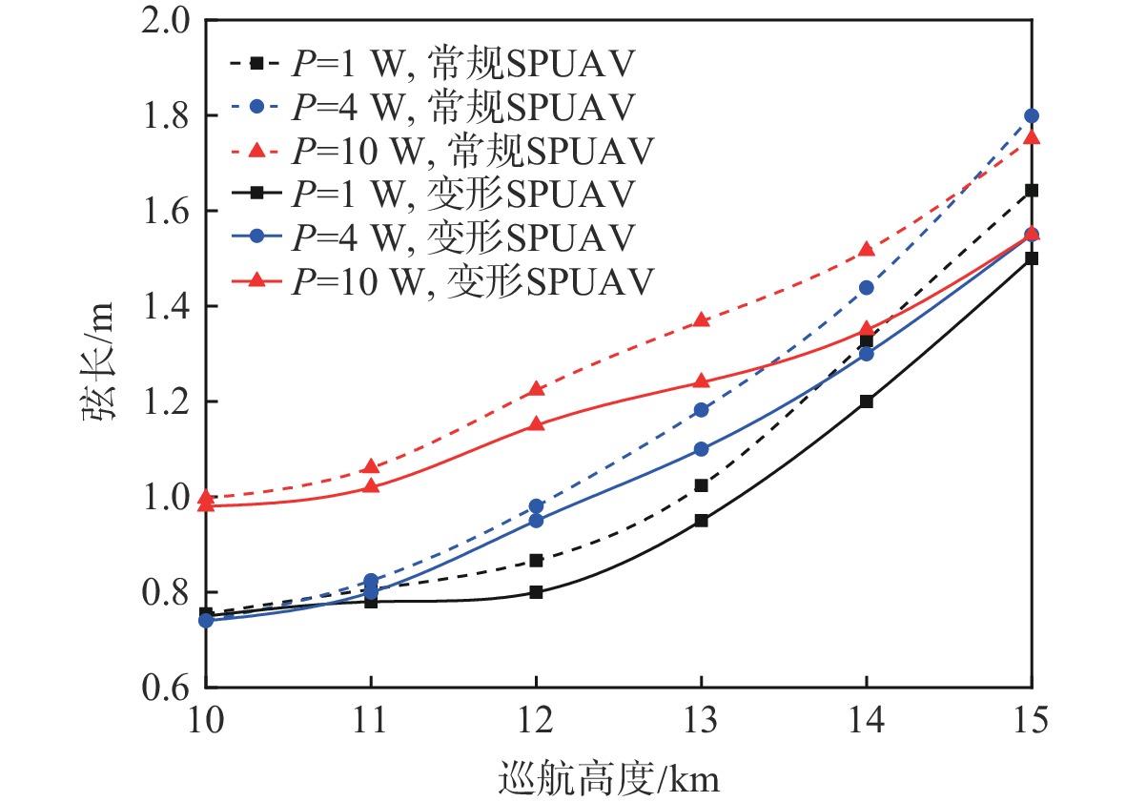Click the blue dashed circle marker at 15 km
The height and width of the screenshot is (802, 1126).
[x=1031, y=115]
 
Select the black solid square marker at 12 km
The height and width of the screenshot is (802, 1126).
[x=536, y=592]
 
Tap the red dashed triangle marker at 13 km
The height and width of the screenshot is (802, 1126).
[x=701, y=319]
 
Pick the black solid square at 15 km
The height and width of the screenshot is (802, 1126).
[x=1031, y=258]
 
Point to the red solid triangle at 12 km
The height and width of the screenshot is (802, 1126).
[x=536, y=423]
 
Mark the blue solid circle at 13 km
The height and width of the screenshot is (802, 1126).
[x=701, y=449]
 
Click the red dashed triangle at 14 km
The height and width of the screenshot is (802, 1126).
[x=866, y=249]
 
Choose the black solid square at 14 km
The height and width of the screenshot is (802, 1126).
[x=866, y=401]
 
